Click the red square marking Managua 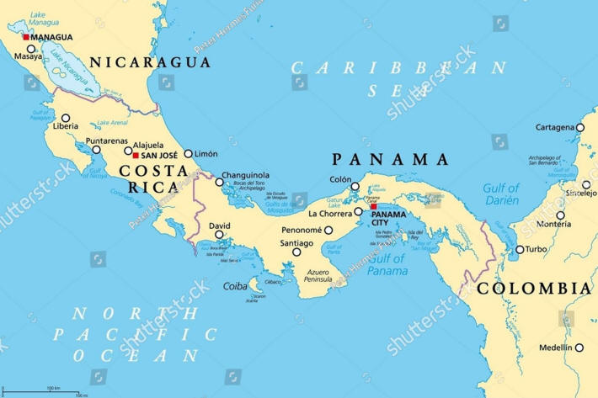[x=26, y=37]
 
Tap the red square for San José [x=136, y=155]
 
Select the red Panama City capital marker [x=374, y=207]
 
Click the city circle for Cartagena [x=580, y=128]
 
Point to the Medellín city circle [x=579, y=348]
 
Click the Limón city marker [x=188, y=154]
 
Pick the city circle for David [x=219, y=236]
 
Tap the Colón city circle [x=355, y=187]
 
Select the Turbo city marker [x=520, y=249]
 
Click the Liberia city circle [x=67, y=118]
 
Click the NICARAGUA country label [x=151, y=62]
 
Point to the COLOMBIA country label [x=534, y=289]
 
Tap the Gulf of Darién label [x=501, y=194]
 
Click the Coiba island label [x=235, y=286]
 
